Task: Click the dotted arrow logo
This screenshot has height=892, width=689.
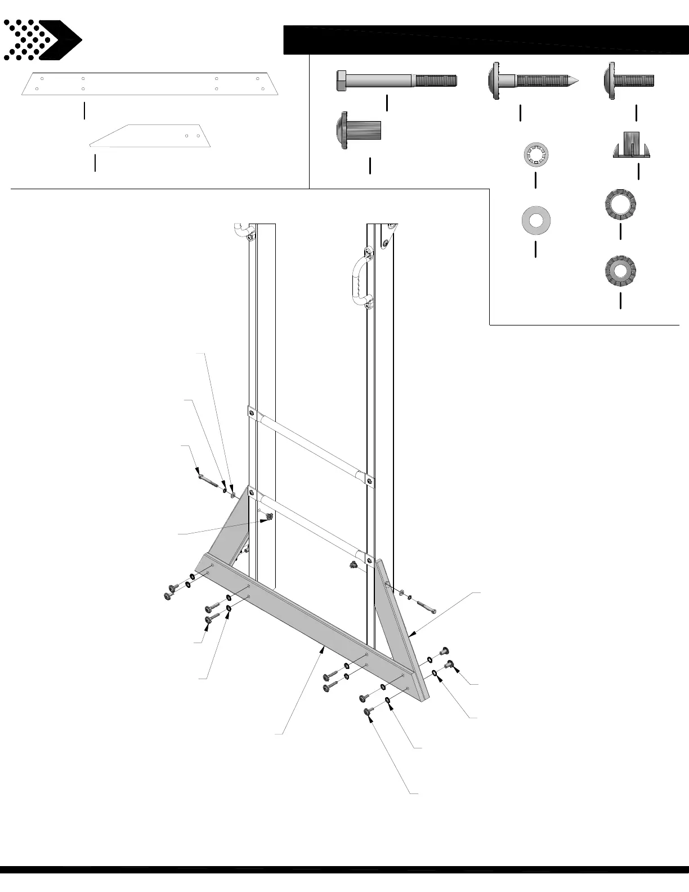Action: [42, 40]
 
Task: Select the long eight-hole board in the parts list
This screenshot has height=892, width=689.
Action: [150, 84]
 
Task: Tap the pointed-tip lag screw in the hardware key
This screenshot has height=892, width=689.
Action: [533, 81]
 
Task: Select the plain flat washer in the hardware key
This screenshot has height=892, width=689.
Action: [535, 220]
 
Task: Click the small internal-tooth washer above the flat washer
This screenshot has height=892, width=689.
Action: [536, 155]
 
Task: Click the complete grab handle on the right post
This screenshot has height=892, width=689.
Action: [359, 279]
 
